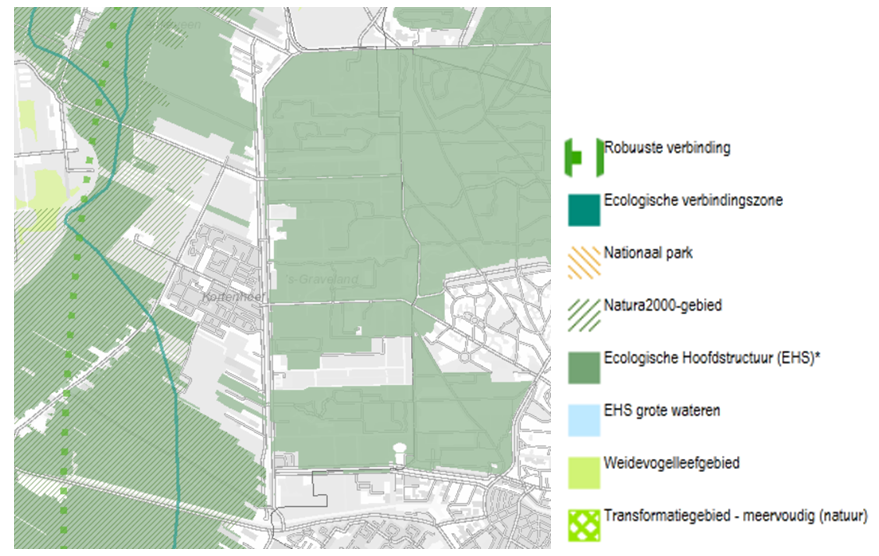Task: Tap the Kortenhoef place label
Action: [x=230, y=297]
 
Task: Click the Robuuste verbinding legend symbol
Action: [x=582, y=156]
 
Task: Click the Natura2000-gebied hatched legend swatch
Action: [x=583, y=314]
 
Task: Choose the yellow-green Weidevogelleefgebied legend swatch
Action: [x=583, y=472]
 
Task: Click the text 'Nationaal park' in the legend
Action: [x=648, y=253]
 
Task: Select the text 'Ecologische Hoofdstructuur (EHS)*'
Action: [x=704, y=358]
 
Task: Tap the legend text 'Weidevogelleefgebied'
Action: [x=670, y=463]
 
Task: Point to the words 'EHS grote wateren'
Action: [x=661, y=410]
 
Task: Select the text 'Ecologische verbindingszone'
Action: [x=693, y=200]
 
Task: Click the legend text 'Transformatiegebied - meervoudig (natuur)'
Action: [x=735, y=516]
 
